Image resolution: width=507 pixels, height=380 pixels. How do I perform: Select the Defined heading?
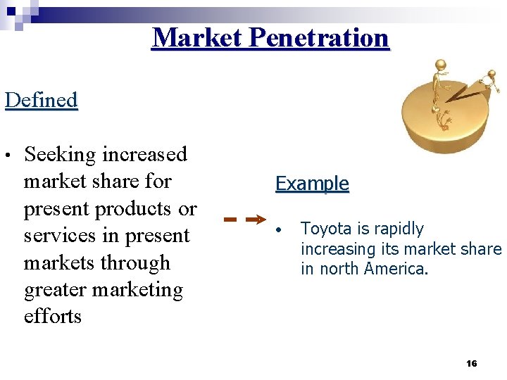(41, 100)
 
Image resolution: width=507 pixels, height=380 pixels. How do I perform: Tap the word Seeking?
(60, 154)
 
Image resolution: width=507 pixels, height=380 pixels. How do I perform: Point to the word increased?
(145, 154)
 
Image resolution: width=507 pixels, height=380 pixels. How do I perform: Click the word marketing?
(139, 291)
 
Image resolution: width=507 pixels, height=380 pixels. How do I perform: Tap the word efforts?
(53, 317)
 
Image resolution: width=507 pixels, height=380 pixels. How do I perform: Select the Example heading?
(312, 184)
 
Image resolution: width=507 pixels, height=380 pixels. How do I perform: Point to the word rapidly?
(399, 229)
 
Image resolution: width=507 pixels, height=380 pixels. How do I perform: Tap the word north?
(342, 269)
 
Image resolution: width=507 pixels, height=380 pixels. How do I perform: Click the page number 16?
(472, 364)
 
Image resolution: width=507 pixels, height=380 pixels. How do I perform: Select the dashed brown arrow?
(244, 219)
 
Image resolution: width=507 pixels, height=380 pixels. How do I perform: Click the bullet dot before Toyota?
(280, 231)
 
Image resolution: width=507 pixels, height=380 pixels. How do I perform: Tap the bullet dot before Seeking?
(7, 155)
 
